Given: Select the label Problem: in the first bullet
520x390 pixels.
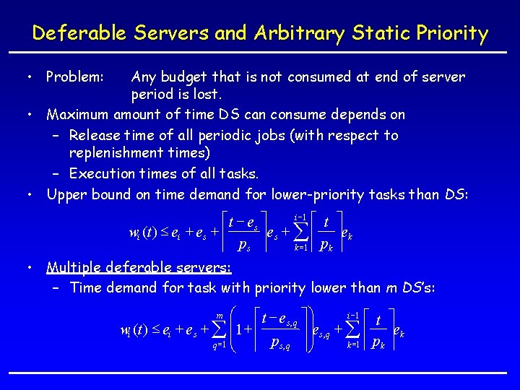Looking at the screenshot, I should tap(76, 77).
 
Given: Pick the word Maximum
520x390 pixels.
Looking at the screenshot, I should tap(77, 114).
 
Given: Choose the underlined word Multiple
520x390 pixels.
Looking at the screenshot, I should tap(74, 267).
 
